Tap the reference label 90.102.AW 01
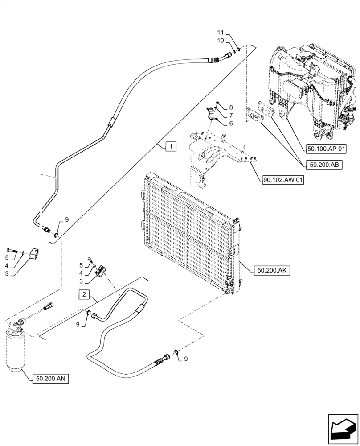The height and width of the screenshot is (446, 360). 282,181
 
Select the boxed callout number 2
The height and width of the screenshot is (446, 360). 86,294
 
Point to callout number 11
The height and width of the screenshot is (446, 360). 221,33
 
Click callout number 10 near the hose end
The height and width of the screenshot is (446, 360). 221,41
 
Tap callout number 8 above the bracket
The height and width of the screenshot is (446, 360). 231,107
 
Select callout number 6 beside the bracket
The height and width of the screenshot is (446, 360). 231,123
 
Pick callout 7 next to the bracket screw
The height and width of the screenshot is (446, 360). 231,115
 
